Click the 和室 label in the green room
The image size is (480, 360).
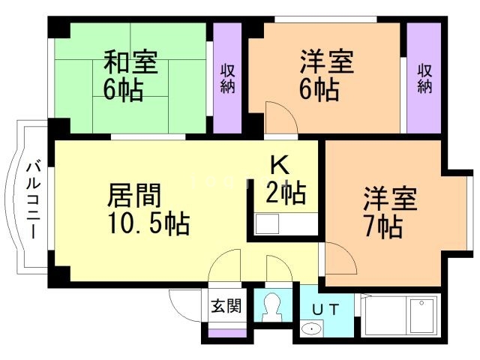point(130,62)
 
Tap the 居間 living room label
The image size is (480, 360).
point(134,195)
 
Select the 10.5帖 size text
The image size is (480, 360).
point(148,223)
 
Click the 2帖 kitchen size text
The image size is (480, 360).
point(286,193)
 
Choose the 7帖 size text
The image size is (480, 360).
point(383,226)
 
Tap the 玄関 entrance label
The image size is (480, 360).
point(226,305)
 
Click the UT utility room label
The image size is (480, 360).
point(325,310)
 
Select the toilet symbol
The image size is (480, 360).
point(272,307)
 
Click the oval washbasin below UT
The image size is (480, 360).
point(311,329)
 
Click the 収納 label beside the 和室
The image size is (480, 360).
point(228,78)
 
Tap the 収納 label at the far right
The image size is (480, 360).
point(425,78)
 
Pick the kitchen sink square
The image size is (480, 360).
point(267,224)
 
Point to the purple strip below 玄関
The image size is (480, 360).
point(227,333)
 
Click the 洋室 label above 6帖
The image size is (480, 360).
point(327,61)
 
